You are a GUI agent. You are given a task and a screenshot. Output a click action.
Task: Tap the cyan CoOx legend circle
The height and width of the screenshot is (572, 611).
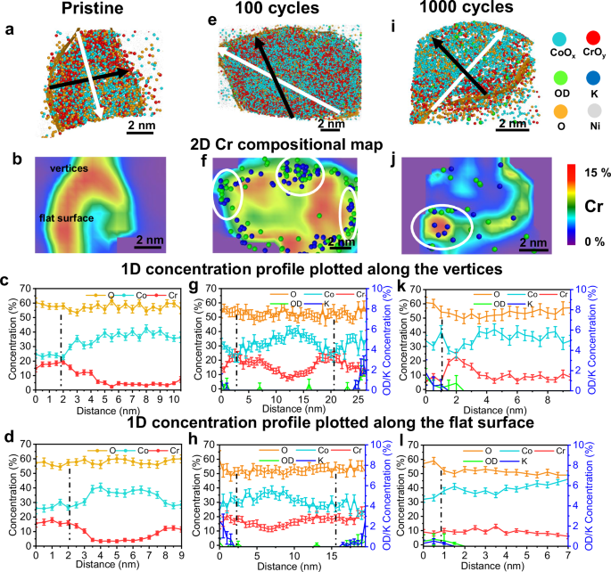[564, 42]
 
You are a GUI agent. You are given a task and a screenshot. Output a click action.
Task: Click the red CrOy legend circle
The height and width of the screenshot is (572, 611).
[593, 42]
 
